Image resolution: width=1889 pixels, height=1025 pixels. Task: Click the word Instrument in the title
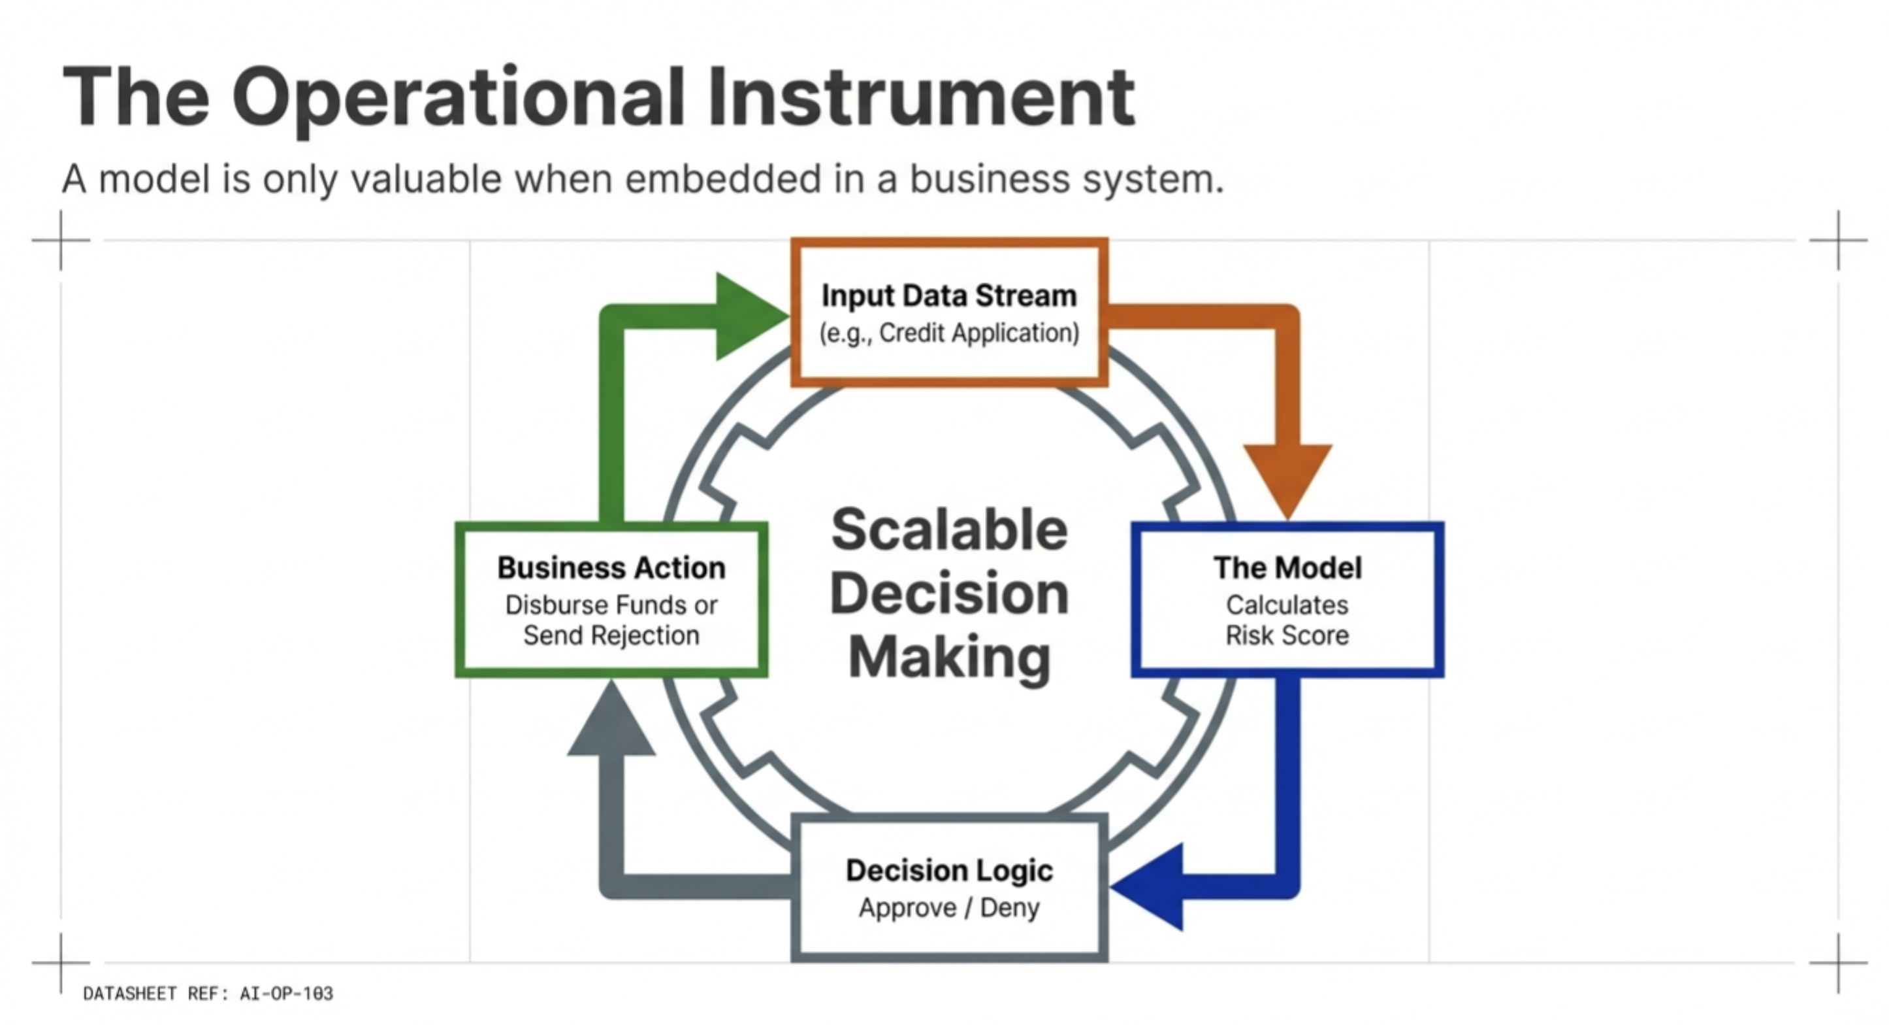coord(921,97)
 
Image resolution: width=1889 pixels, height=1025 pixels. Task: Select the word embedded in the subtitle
coord(722,179)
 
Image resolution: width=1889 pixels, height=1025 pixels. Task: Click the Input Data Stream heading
coord(949,295)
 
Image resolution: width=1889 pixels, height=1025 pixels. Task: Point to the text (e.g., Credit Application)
coord(949,333)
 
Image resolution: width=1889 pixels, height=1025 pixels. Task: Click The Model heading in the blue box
coord(1287,567)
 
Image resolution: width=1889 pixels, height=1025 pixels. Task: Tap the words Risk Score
coord(1287,635)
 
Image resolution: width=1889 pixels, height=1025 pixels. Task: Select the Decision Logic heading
coord(949,870)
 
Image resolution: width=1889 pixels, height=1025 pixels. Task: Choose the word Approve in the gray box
coord(907,909)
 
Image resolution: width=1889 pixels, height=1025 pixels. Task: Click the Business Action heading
coord(611,568)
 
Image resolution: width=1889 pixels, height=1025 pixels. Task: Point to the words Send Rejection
coord(611,635)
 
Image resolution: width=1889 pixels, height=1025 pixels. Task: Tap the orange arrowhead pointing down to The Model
coord(1287,477)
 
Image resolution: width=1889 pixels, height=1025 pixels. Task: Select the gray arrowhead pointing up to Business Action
coord(611,723)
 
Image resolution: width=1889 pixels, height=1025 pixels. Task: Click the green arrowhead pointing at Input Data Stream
coord(748,316)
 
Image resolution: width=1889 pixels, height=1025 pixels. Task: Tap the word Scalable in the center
coord(949,529)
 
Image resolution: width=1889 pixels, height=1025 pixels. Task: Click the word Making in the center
coord(949,658)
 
